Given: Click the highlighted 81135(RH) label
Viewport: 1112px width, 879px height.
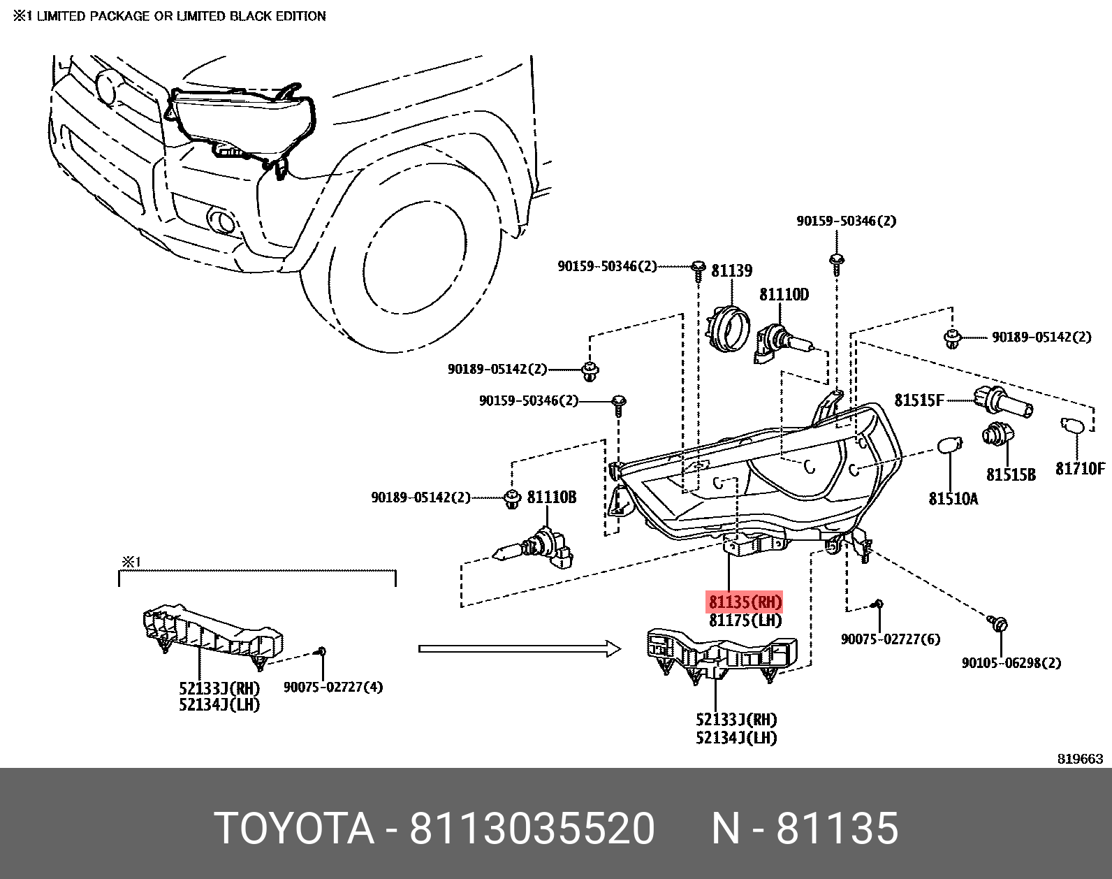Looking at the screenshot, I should click(745, 602).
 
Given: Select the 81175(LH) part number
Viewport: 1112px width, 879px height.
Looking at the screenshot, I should click(745, 620).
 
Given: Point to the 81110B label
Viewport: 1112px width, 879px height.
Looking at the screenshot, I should click(551, 497).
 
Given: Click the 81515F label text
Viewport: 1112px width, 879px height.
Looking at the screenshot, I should click(919, 400).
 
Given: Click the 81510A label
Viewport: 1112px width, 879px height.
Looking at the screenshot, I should click(953, 499).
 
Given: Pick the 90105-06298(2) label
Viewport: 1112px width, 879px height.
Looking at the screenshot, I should click(1011, 662).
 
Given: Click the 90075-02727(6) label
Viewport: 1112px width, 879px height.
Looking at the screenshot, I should click(890, 639).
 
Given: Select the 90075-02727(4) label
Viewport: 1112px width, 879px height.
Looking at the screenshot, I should click(332, 687).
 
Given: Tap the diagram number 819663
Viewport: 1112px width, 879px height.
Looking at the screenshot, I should click(1079, 759).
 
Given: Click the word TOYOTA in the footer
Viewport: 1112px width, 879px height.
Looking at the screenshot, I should click(294, 829).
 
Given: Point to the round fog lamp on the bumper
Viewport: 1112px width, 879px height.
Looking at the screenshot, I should click(222, 221).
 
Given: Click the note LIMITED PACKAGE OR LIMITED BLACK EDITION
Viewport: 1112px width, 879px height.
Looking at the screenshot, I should click(181, 16).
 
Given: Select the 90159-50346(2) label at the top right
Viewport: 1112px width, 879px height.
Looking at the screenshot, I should click(846, 221).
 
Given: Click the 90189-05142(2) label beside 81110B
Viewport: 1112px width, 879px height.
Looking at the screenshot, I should click(420, 497).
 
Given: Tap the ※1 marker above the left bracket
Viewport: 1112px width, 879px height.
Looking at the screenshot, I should click(131, 562).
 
